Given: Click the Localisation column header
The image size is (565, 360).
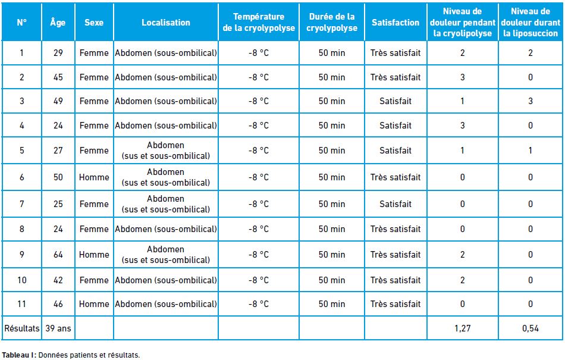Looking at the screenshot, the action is point(166,23).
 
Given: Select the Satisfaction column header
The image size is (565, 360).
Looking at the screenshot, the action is point(395,23).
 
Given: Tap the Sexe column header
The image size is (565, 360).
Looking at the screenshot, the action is point(94,23).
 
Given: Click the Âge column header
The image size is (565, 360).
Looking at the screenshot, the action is point(58,23).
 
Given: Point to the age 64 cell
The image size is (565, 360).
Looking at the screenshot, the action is point(58,255).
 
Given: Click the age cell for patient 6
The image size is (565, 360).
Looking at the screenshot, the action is point(58,177).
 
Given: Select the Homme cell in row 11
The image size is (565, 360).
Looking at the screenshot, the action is point(94,304).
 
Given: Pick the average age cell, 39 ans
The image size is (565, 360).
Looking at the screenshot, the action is point(58,328).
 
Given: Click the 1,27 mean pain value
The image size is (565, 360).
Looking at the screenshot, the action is point(462,328).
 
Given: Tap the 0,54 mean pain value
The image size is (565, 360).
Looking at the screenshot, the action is point(531,328).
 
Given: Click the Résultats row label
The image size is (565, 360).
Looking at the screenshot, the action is point(21,328).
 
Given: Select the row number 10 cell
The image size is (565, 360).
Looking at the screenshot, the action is point(22,280).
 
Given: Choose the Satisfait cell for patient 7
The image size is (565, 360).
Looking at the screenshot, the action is point(395,204).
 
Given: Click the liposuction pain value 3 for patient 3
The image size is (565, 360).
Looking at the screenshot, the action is point(531,101).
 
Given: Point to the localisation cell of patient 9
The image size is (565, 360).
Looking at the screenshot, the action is point(166,255).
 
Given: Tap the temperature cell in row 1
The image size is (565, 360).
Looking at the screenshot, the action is point(259,53).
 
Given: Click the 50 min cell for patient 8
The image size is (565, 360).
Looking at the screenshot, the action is point(332,229).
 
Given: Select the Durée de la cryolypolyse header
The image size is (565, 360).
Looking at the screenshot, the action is point(332,23).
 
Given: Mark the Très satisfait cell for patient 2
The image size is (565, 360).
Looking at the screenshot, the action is point(395,77).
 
